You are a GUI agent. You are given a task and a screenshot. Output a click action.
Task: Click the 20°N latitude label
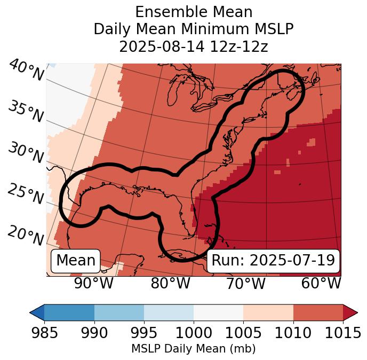coord(26,235)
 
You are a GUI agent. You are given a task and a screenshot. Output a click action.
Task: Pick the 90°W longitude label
coord(93,283)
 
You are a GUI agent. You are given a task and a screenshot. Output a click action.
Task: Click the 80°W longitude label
coord(170,283)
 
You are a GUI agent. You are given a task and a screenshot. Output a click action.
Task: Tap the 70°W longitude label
coord(245,283)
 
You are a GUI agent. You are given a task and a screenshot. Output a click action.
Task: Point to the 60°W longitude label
coord(321,283)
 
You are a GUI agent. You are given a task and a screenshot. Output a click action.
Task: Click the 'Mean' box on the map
coord(76,261)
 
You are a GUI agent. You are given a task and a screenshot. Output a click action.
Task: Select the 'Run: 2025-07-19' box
coord(273,261)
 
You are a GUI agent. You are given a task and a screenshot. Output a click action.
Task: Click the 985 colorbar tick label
coord(44,333)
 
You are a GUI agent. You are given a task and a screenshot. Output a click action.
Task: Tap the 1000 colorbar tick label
coord(194,333)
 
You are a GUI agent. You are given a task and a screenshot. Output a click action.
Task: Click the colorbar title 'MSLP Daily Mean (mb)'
coord(193,349)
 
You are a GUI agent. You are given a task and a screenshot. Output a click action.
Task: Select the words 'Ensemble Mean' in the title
coord(194,12)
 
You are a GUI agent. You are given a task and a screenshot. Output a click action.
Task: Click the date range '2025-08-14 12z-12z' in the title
coord(194,46)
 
